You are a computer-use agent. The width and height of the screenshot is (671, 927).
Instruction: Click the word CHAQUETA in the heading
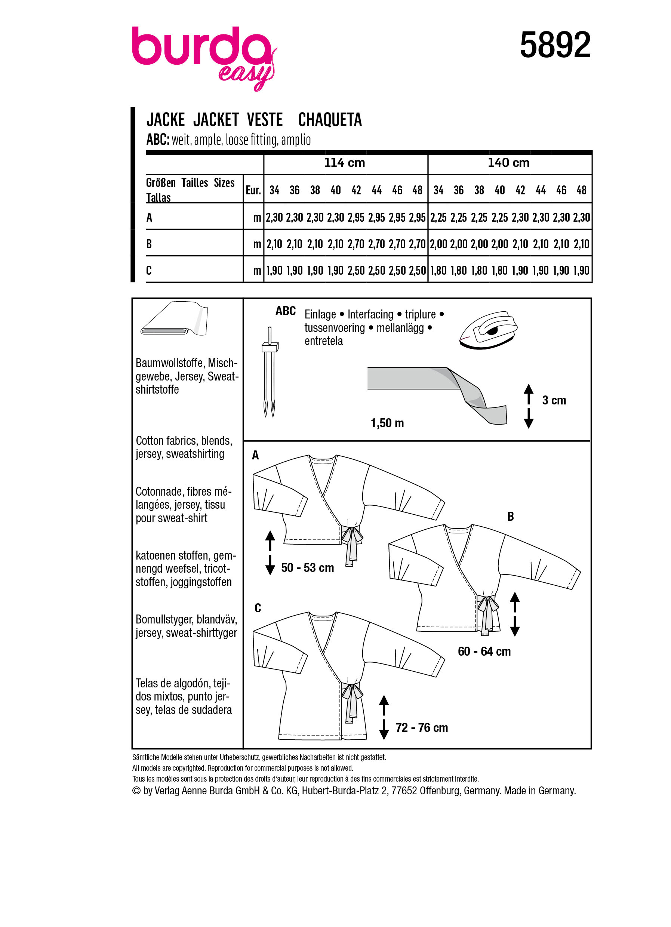point(330,120)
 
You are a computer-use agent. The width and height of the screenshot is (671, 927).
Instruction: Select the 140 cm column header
point(508,163)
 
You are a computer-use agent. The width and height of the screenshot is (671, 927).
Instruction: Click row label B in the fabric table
point(149,244)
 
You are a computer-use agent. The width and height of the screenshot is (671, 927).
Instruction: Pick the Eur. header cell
point(253,190)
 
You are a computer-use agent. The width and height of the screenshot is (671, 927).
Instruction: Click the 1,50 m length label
point(387,423)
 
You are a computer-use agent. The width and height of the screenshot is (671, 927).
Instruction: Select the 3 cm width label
point(554,401)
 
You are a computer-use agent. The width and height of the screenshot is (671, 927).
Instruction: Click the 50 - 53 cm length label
point(307,568)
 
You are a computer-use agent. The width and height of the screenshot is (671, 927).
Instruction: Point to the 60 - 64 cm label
point(484,652)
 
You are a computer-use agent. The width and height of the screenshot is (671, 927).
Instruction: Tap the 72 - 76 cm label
point(421,727)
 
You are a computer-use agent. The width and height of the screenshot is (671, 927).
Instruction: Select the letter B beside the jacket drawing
point(510,517)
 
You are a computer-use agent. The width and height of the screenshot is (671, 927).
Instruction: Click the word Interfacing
point(370,314)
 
